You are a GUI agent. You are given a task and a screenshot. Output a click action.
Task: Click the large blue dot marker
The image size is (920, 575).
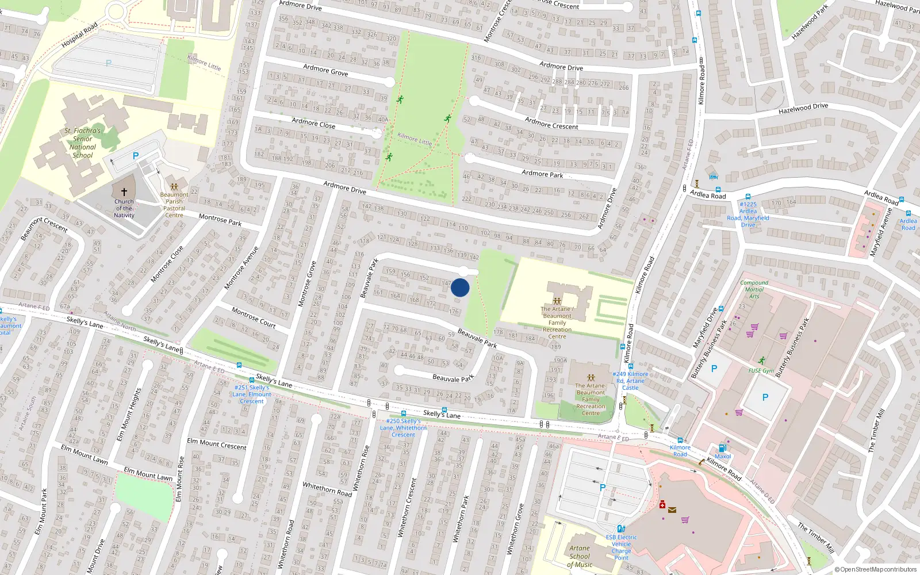coord(460,287)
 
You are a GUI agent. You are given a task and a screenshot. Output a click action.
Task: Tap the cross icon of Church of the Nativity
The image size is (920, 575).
coord(124,191)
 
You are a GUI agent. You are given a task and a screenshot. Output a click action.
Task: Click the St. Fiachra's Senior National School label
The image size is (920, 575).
coord(82,143)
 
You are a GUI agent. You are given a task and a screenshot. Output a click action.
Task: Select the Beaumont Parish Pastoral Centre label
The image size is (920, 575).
coord(174,205)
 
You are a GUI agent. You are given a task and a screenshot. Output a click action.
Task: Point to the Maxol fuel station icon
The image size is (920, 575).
coord(722,448)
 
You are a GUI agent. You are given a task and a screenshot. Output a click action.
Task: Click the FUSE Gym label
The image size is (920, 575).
coord(761,371)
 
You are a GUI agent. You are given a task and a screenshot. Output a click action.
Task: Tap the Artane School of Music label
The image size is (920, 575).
coord(580,556)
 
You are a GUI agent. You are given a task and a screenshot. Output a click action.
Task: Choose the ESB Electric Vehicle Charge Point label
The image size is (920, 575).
coord(621,547)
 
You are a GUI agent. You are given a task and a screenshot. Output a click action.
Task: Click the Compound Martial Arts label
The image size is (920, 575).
coord(754,289)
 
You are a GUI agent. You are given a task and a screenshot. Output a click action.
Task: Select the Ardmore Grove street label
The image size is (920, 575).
coord(325,70)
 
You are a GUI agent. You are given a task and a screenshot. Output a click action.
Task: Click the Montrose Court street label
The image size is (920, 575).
coord(254,317)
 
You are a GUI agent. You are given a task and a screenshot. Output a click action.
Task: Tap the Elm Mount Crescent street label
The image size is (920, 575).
coord(217,444)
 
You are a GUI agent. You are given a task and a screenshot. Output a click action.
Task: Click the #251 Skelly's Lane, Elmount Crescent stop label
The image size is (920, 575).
coord(252,394)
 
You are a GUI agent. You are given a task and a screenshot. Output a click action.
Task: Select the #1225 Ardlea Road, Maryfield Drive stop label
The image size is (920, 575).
coord(748,214)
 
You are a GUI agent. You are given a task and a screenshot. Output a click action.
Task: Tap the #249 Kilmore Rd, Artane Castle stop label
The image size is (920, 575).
coord(630,381)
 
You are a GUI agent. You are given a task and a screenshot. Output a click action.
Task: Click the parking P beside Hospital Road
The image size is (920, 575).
coord(109,63)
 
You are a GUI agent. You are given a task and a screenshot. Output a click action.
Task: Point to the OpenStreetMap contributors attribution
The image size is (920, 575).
coord(875,569)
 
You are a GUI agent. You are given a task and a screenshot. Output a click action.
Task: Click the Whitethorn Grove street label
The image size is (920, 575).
coord(515,529)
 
